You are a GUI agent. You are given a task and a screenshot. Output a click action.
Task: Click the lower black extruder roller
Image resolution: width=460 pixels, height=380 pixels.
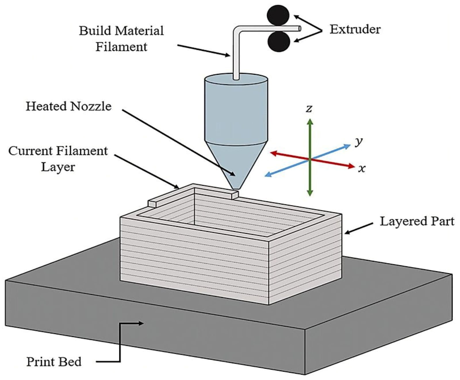278,42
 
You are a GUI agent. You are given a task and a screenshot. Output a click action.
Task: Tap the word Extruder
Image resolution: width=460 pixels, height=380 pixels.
355,29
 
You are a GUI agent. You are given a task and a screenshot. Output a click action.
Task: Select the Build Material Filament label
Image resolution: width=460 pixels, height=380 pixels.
121,39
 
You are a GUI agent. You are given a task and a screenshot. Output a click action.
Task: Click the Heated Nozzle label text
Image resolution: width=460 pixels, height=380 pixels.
68,106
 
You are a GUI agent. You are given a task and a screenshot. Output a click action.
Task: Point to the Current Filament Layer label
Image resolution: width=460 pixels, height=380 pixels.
58,159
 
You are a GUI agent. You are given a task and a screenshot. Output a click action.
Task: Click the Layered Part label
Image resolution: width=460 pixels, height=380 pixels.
417,221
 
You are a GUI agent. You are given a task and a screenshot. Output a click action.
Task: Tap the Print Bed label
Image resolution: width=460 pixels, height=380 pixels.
54,362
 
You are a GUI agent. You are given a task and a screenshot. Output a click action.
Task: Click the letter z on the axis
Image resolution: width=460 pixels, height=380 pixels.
309,108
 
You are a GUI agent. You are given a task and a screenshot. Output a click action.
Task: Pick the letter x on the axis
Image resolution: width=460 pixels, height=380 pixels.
362,168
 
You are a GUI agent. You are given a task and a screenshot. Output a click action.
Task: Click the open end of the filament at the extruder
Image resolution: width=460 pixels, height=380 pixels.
299,28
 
